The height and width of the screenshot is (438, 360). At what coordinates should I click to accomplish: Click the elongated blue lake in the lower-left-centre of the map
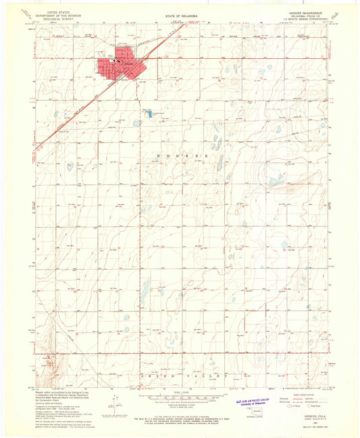[144, 293]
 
